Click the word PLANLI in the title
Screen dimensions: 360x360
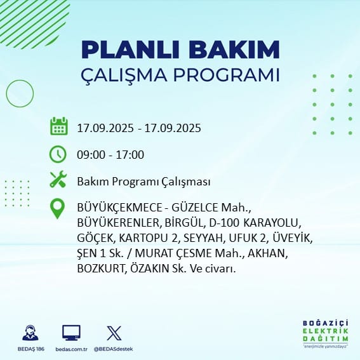click(130, 50)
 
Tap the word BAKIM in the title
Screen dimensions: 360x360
click(234, 50)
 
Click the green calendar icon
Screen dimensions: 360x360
click(59, 126)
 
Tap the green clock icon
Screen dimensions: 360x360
click(58, 154)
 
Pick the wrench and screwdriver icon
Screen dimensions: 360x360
click(58, 179)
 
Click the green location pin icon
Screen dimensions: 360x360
click(57, 208)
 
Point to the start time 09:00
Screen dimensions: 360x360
click(91, 155)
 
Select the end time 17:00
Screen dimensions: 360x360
click(130, 155)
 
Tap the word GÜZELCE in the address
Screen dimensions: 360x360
click(195, 208)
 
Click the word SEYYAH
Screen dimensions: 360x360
click(203, 238)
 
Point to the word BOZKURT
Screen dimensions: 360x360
click(101, 269)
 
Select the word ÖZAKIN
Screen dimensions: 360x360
click(150, 268)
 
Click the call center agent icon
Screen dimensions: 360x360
click(30, 333)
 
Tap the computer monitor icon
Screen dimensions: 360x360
click(71, 333)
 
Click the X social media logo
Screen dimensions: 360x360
click(114, 333)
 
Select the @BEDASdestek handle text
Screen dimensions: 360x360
click(114, 349)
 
